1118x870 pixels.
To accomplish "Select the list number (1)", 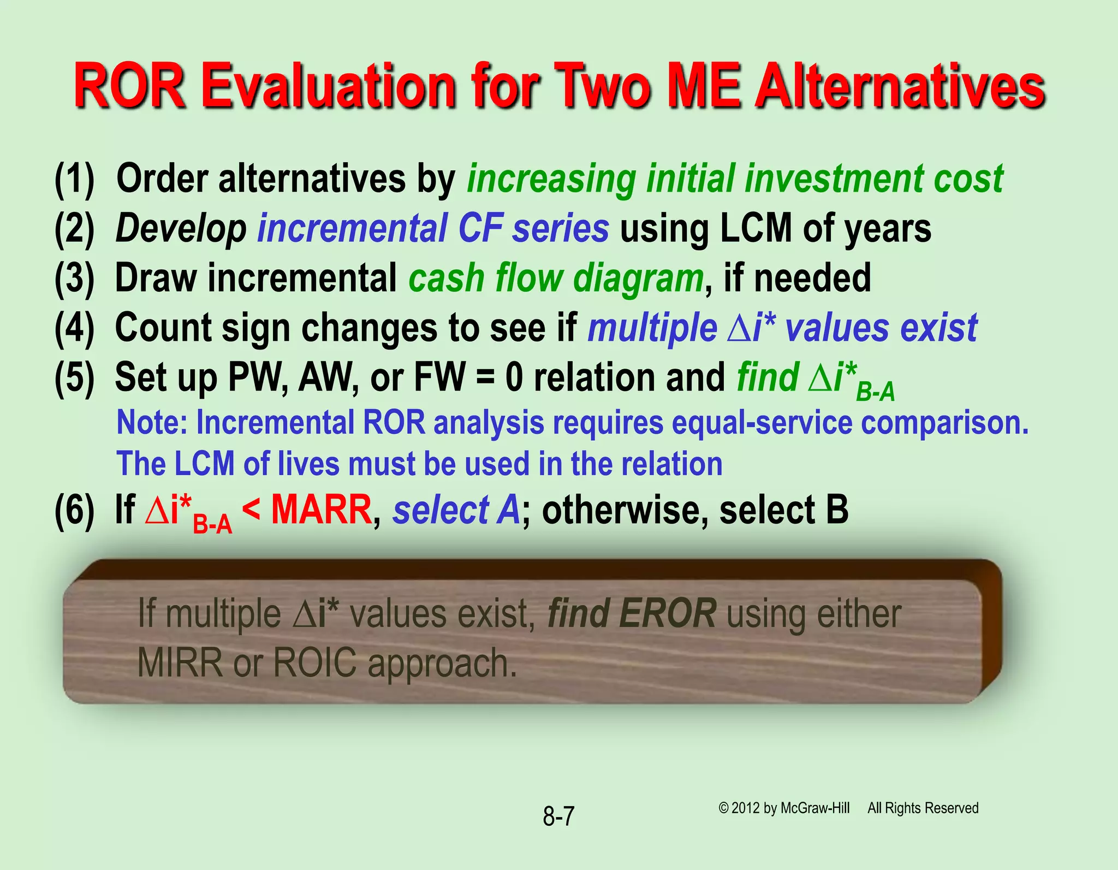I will pyautogui.click(x=74, y=179).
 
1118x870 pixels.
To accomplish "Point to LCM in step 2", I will pyautogui.click(x=756, y=228).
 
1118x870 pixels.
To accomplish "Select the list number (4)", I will pyautogui.click(x=74, y=328).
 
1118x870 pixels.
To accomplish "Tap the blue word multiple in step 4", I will pyautogui.click(x=652, y=328).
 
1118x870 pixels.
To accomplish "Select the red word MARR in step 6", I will pyautogui.click(x=322, y=510).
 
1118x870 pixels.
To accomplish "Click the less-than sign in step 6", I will pyautogui.click(x=251, y=510).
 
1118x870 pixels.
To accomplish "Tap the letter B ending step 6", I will pyautogui.click(x=837, y=510).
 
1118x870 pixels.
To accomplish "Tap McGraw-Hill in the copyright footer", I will pyautogui.click(x=814, y=808).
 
